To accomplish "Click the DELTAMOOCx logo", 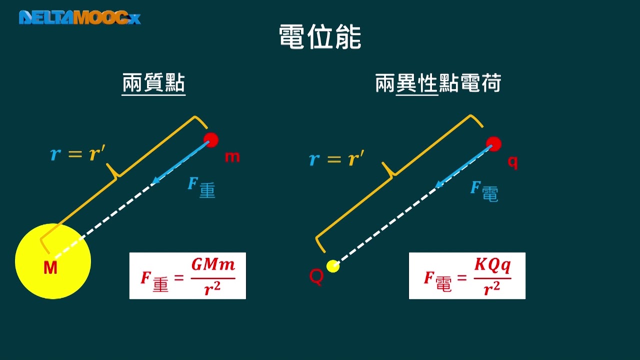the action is (79, 17).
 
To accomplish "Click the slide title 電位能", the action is (320, 37).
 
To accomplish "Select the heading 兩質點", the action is (153, 83).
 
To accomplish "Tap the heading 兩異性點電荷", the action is (438, 83).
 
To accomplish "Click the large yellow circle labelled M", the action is (53, 261).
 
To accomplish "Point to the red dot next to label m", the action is (211, 140).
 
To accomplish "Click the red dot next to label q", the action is (493, 144).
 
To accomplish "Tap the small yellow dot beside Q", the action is (333, 266).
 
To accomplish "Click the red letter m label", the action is (232, 157).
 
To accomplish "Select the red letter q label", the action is (512, 163).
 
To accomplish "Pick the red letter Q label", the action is (316, 276).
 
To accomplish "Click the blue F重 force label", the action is (201, 187).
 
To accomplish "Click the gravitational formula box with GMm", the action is (187, 275).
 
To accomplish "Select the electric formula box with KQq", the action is (467, 275).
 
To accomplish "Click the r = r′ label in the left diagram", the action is (77, 153).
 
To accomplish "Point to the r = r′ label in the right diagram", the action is (336, 158).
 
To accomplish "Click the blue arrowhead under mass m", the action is (156, 179).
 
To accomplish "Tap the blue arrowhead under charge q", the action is (439, 184).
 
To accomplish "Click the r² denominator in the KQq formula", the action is (491, 288).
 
